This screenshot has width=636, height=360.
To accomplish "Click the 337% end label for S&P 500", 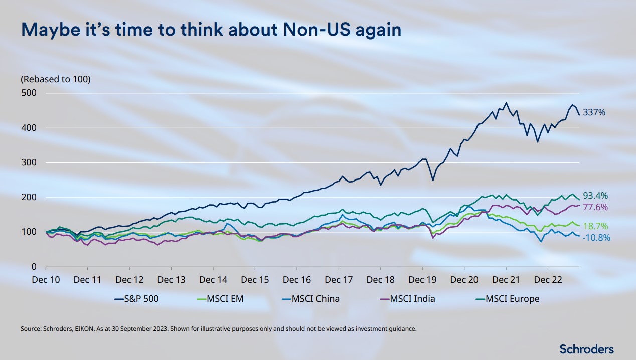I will click(595, 113).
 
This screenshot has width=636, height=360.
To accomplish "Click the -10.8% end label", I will click(596, 238).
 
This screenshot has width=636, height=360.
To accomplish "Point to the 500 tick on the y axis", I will click(30, 93).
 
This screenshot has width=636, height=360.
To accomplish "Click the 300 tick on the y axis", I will click(30, 162).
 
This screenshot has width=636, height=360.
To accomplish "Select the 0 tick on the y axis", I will click(34, 267).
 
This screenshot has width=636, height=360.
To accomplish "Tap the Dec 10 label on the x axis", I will click(46, 280).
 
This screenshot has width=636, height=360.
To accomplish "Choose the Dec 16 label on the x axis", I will click(297, 280).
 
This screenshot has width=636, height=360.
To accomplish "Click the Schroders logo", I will click(586, 349).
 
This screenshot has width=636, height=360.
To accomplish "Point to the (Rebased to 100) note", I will click(55, 79).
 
